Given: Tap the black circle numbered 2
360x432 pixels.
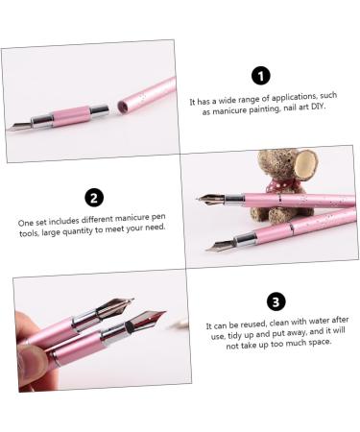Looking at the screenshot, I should (93, 198).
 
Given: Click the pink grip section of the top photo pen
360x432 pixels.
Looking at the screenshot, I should (69, 117).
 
